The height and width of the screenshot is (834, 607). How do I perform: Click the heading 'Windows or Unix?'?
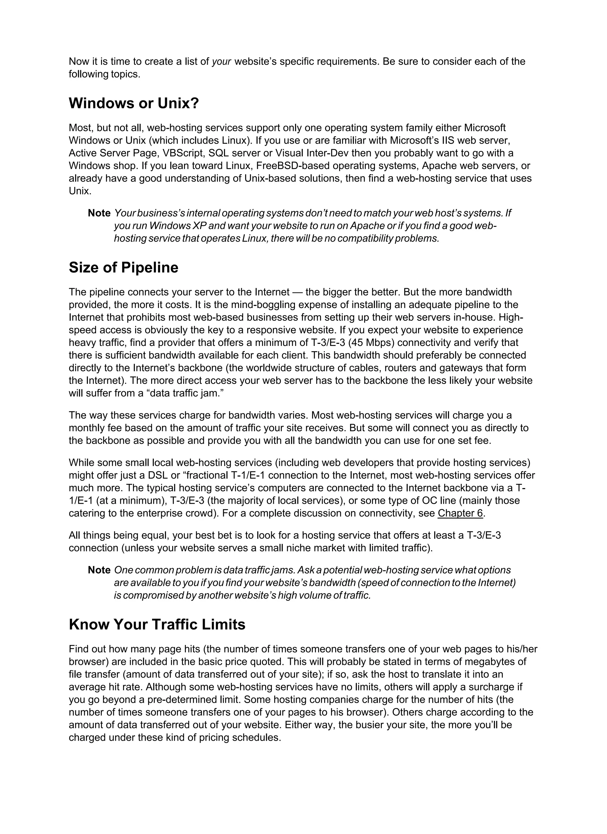(134, 103)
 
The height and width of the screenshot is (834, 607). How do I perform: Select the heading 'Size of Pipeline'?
(123, 267)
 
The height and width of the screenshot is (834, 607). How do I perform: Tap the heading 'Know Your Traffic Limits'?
(157, 624)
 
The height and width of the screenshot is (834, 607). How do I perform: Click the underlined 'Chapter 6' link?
(460, 513)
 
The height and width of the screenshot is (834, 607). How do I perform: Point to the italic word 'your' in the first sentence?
(221, 61)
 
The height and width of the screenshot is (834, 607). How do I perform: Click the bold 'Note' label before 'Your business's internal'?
(99, 213)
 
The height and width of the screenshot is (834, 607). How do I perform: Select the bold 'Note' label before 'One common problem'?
(99, 570)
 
